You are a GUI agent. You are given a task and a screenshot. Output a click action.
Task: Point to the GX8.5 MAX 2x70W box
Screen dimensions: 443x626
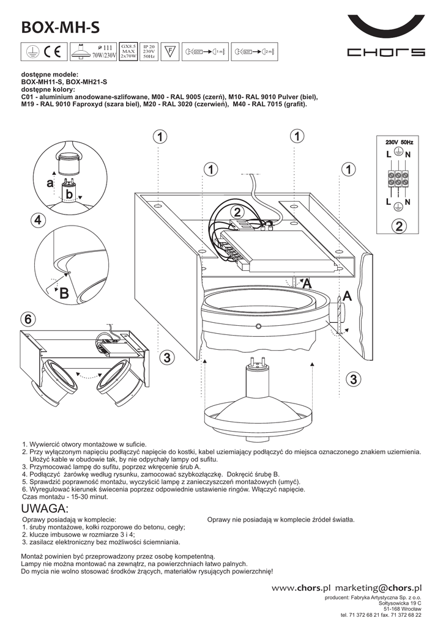(128, 51)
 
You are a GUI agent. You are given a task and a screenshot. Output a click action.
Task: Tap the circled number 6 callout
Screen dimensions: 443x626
(28, 319)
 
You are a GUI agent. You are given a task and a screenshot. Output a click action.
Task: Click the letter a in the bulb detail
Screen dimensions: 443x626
(50, 183)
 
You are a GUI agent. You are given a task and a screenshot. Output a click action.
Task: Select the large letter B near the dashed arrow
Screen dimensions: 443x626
(64, 293)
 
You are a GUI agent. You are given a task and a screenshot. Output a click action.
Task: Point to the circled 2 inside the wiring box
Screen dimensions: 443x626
(399, 227)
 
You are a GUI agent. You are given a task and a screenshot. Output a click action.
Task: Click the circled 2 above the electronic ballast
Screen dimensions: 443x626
(237, 212)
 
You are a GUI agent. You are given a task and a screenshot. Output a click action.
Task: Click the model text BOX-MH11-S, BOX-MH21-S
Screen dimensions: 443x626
(64, 81)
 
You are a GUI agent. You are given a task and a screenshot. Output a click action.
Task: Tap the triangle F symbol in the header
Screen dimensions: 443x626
(171, 51)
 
